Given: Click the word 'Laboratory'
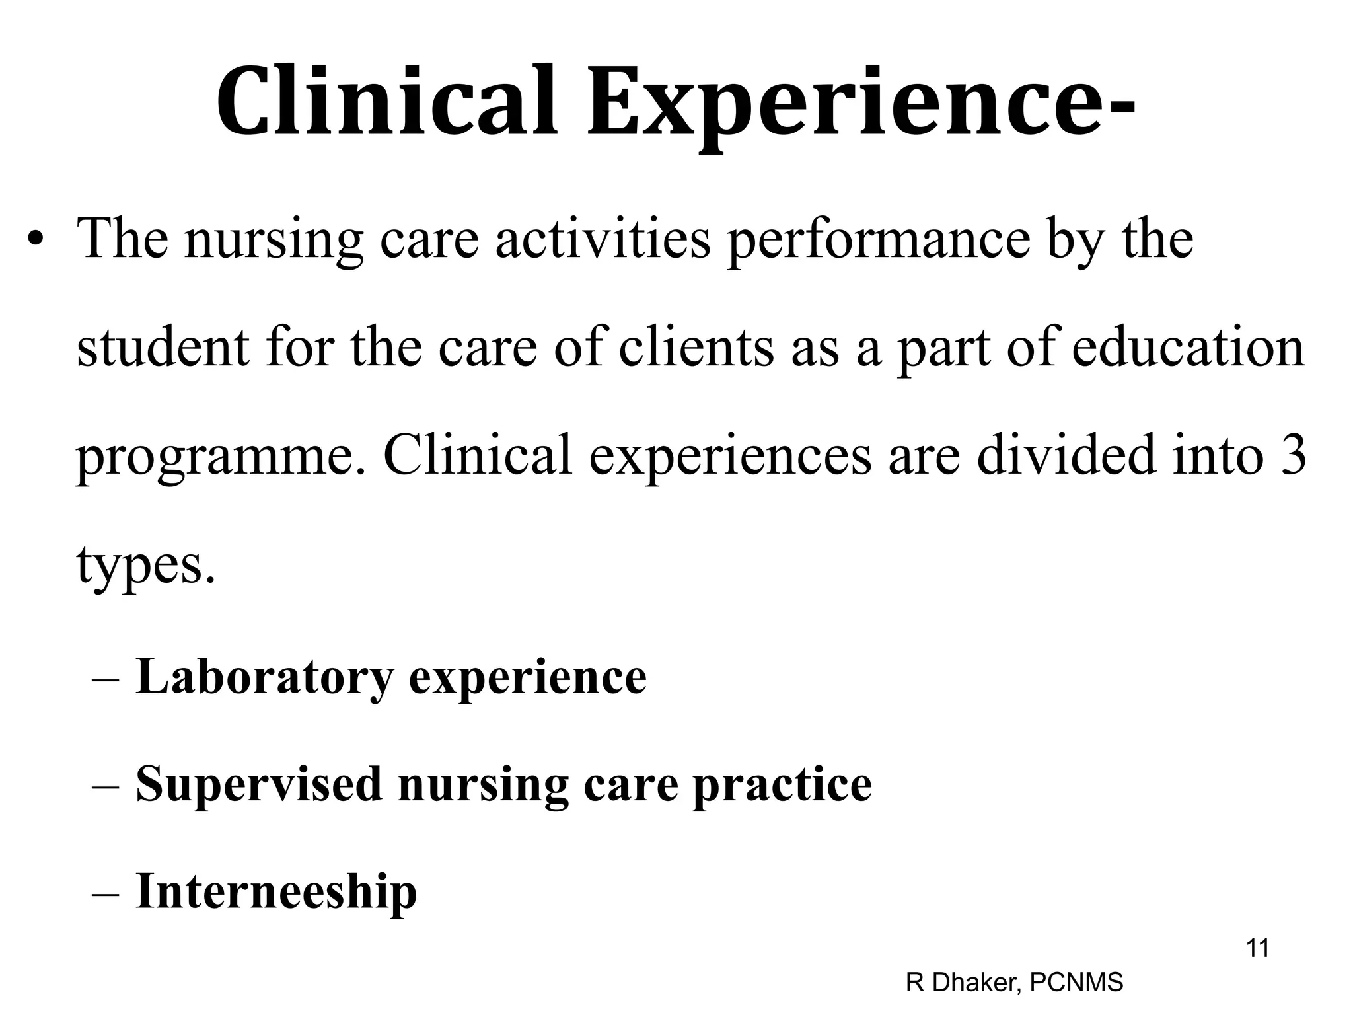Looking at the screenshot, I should [x=264, y=677].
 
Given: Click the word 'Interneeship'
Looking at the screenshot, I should [x=276, y=892].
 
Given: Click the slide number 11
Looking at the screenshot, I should [x=1257, y=948].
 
